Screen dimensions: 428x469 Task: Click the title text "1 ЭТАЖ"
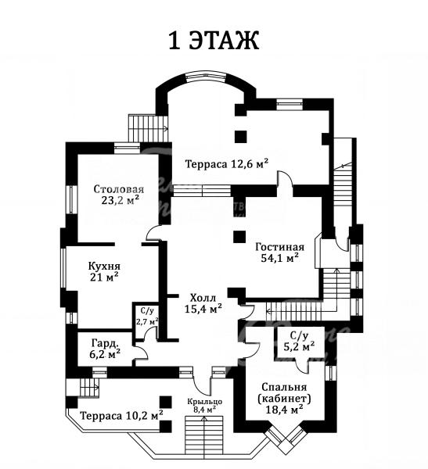coord(214,40)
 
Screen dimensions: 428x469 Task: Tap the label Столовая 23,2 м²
coord(119,195)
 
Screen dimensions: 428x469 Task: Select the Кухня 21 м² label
coord(104,271)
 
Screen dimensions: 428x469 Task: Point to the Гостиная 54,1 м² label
coord(280,252)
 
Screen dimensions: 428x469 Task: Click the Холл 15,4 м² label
coord(203,303)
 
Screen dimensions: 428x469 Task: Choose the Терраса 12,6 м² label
coord(227,164)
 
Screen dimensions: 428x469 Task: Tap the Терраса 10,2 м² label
coord(122,416)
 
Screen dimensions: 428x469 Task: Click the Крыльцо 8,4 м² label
coord(205,405)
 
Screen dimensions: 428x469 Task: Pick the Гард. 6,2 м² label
coord(105,348)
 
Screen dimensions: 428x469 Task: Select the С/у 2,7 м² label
coord(147,317)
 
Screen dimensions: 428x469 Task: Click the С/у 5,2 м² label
coord(299,342)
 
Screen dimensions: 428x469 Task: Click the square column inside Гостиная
coord(239,237)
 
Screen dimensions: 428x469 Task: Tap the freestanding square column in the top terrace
coord(240,136)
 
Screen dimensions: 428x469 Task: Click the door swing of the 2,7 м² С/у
coord(150,333)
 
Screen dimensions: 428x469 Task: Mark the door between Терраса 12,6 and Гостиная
coord(286,179)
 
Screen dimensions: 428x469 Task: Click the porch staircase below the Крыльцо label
coord(204,437)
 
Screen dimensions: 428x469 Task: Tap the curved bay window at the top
coord(205,77)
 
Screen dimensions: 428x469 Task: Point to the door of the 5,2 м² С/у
coord(302,365)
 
